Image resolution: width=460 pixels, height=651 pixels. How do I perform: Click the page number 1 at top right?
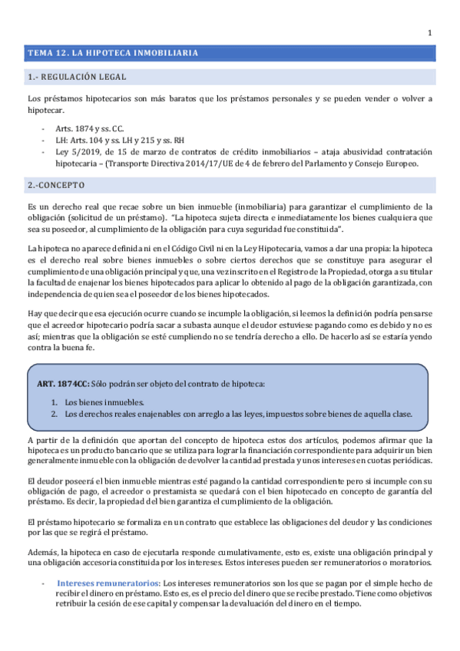click(429, 32)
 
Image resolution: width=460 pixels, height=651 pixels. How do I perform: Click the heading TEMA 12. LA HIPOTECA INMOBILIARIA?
click(114, 53)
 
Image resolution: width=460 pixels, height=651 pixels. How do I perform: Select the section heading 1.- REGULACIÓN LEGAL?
click(77, 77)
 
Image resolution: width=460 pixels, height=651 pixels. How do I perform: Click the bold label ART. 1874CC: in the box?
click(63, 382)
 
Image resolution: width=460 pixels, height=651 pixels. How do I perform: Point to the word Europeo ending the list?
click(400, 164)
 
